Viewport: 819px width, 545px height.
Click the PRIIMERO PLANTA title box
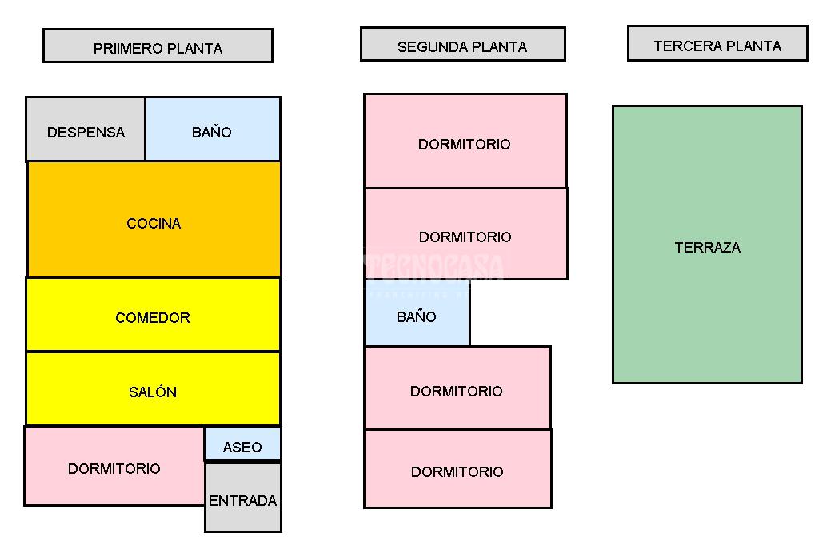pyautogui.click(x=158, y=46)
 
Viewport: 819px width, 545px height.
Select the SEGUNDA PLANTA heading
pyautogui.click(x=462, y=44)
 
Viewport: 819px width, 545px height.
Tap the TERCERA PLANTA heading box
pyautogui.click(x=717, y=43)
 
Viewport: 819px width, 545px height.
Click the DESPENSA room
pyautogui.click(x=86, y=129)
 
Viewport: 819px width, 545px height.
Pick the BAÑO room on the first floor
pyautogui.click(x=213, y=129)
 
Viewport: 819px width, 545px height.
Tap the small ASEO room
pyautogui.click(x=242, y=444)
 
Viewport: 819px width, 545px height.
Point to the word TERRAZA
pyautogui.click(x=707, y=248)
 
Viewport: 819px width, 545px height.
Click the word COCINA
pyautogui.click(x=154, y=224)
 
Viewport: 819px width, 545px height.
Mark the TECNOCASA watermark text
pyautogui.click(x=436, y=266)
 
